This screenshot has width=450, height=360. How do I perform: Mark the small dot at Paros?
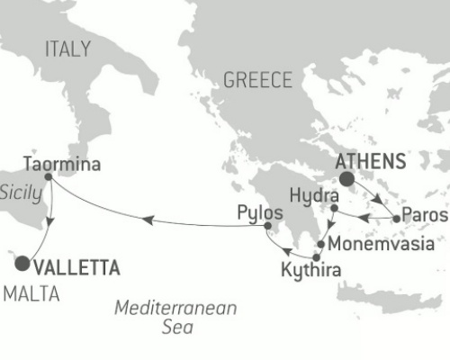tap(396, 218)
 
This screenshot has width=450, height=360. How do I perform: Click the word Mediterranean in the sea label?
tap(175, 309)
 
